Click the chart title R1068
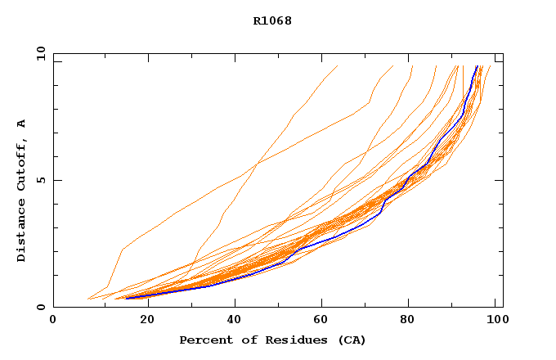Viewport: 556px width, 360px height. point(272,20)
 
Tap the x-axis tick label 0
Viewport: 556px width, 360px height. point(53,321)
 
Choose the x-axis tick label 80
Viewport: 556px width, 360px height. point(410,321)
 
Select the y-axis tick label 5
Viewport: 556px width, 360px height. point(41,180)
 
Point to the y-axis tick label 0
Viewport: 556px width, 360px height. point(41,307)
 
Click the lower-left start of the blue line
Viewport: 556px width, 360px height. point(125,298)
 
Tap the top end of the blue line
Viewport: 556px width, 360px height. point(478,65)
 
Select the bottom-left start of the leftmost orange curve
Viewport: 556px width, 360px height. point(87,299)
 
